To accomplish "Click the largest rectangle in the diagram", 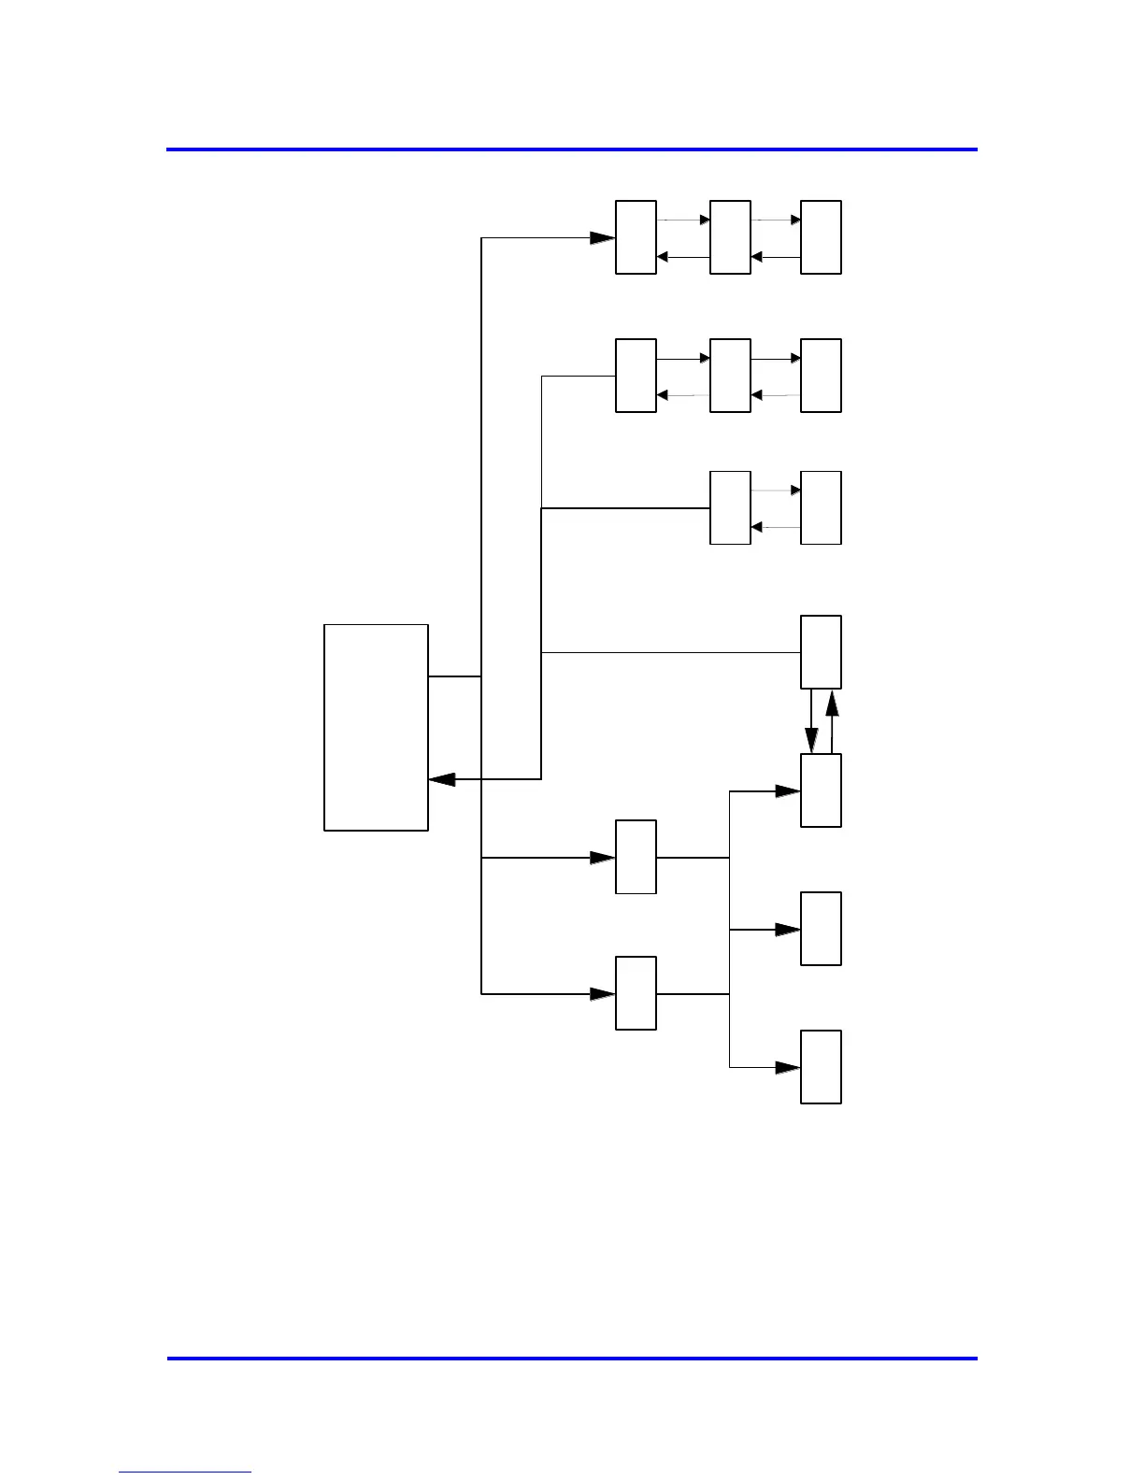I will coord(376,727).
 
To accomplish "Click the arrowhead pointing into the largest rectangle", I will coord(441,779).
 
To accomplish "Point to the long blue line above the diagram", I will coord(572,149).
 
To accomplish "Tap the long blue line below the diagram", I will coord(572,1358).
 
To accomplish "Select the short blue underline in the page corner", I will coord(185,1473).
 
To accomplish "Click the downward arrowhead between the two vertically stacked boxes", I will coord(812,741).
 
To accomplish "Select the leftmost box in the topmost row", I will coord(636,237).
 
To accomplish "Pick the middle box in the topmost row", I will coord(730,237).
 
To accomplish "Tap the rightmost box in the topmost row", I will coord(821,237).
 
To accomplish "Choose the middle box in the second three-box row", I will coord(730,376).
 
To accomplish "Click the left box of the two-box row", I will coord(730,507).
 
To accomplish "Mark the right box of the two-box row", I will coord(821,507).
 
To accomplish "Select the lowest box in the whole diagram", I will coord(821,1067).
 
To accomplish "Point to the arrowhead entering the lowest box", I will coord(788,1067).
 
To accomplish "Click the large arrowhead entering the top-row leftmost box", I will coord(603,238).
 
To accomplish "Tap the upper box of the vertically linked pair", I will coord(821,652).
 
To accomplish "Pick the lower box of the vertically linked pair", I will coord(821,790).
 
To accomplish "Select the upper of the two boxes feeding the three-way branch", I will coord(636,857).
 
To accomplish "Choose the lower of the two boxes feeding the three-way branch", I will coord(636,993).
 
